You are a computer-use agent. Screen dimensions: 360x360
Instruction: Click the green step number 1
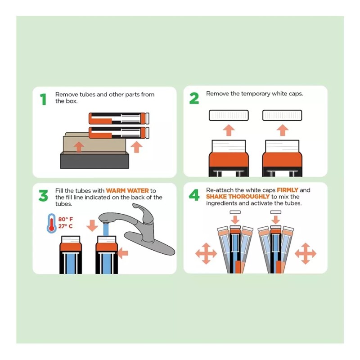tap(43, 99)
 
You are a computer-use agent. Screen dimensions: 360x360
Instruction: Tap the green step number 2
tap(194, 99)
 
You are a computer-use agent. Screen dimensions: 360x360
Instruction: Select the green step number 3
tap(43, 196)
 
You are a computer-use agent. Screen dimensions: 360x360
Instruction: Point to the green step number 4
tap(194, 195)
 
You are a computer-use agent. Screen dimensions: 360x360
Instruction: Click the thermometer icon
tap(51, 223)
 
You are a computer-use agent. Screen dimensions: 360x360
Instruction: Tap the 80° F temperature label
tap(65, 219)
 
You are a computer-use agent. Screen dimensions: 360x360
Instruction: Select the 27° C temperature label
tap(65, 226)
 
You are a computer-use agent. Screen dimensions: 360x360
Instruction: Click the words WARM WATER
tap(127, 191)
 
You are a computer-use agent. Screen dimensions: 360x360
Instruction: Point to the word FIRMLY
tap(288, 190)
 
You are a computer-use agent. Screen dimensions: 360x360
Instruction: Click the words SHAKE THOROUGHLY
tap(238, 197)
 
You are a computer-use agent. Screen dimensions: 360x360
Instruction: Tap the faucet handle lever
tap(144, 215)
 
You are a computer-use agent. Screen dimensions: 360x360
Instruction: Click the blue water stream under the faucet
tap(106, 229)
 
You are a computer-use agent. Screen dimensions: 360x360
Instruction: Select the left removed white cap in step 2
tap(229, 115)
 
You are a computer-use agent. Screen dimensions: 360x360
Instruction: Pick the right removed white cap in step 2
tap(282, 115)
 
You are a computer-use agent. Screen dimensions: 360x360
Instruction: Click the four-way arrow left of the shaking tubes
tap(206, 253)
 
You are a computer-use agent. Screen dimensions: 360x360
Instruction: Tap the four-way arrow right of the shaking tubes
tap(306, 253)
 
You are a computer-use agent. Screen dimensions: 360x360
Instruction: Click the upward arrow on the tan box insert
tap(79, 147)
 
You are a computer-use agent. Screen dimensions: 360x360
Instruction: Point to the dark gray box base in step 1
tap(94, 161)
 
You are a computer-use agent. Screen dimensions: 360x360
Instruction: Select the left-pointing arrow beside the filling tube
tap(122, 253)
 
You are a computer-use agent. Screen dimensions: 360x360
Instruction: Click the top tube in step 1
tap(119, 118)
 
